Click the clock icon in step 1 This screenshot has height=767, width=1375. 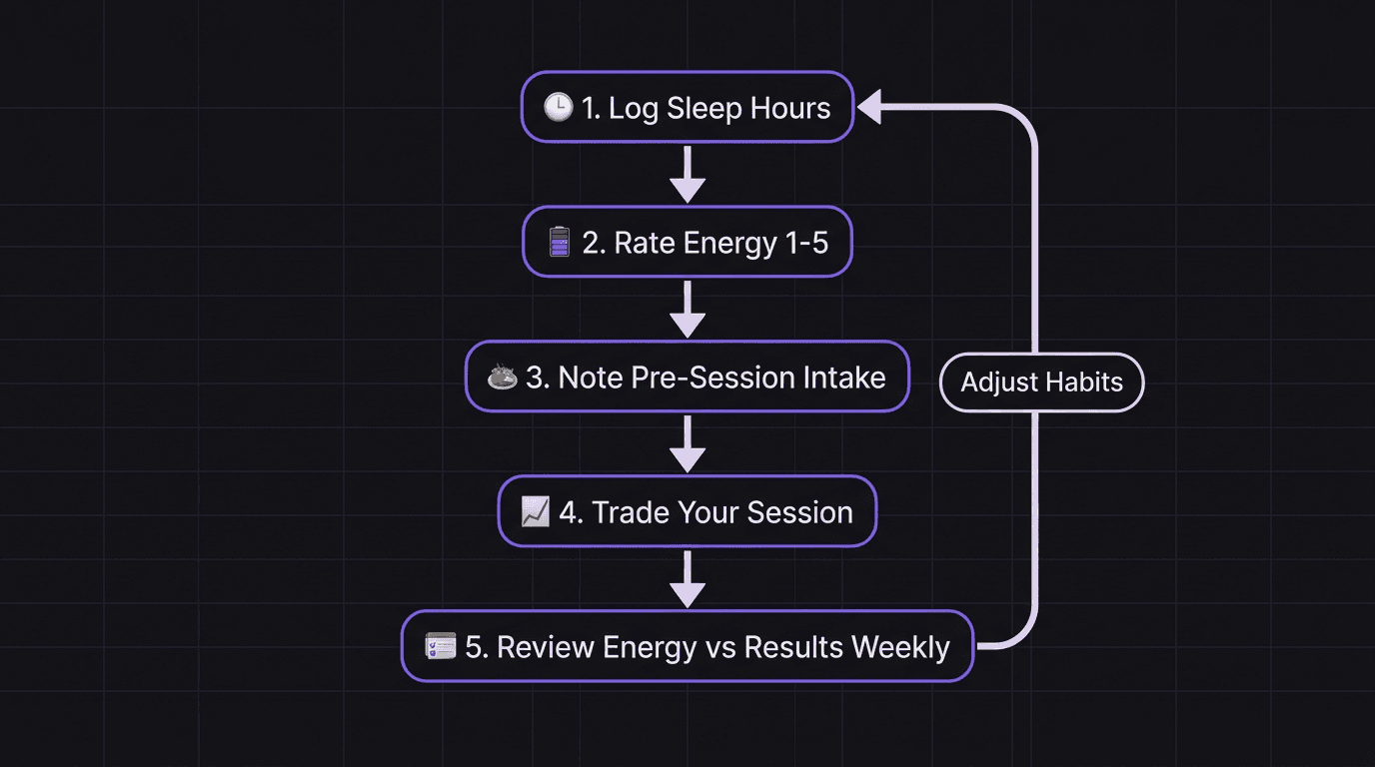pyautogui.click(x=558, y=108)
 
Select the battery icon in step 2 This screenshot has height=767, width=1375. pyautogui.click(x=560, y=243)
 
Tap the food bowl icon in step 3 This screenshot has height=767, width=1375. pyautogui.click(x=502, y=378)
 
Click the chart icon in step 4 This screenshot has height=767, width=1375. pyautogui.click(x=536, y=512)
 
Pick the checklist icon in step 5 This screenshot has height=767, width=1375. pyautogui.click(x=440, y=647)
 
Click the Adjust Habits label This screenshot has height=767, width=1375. pyautogui.click(x=1041, y=382)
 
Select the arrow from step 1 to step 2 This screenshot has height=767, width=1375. pyautogui.click(x=687, y=175)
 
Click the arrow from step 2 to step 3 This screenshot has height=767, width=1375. pyautogui.click(x=687, y=310)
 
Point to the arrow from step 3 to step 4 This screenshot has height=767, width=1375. pyautogui.click(x=687, y=444)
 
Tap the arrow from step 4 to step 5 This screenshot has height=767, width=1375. pyautogui.click(x=687, y=579)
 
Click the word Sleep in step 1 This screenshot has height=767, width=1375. pyautogui.click(x=702, y=108)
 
